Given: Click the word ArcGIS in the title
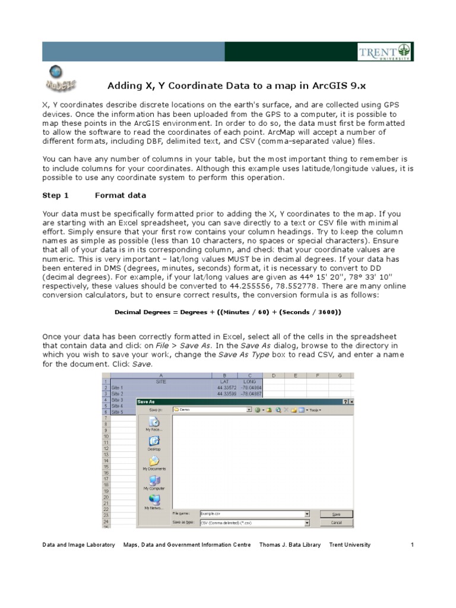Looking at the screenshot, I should pyautogui.click(x=274, y=85).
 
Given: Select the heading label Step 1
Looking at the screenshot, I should pyautogui.click(x=56, y=195).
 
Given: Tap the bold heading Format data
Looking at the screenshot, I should pyautogui.click(x=121, y=195).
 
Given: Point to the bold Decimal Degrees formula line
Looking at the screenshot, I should pyautogui.click(x=228, y=312).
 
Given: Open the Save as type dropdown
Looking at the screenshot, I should pyautogui.click(x=306, y=522).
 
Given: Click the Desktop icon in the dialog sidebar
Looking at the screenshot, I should pyautogui.click(x=154, y=441).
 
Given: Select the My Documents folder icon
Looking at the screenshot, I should pyautogui.click(x=154, y=461).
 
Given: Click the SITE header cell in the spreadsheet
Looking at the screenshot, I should pyautogui.click(x=161, y=382).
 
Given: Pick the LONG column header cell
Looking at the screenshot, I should pyautogui.click(x=249, y=382).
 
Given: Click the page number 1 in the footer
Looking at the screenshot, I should pyautogui.click(x=411, y=544).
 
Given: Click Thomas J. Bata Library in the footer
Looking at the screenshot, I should pyautogui.click(x=290, y=544).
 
